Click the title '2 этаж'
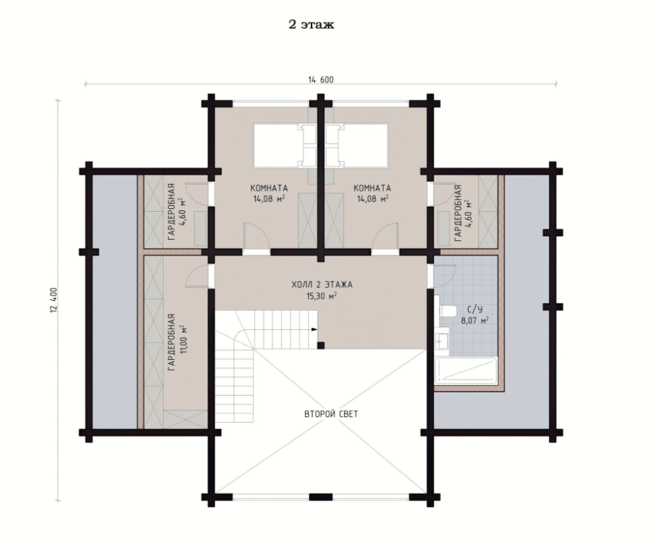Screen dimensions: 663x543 (x=311, y=25)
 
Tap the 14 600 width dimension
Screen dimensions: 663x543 (x=321, y=80)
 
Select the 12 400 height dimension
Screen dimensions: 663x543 (x=53, y=301)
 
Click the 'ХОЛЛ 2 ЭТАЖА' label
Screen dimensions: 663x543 (x=322, y=285)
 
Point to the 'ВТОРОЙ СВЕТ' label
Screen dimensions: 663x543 (x=331, y=414)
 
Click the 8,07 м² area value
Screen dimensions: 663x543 (x=475, y=321)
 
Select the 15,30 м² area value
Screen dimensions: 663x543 (x=322, y=296)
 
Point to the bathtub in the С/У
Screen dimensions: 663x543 (x=465, y=371)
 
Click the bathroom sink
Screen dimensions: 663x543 (x=442, y=341)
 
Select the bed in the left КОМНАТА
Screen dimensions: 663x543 (x=278, y=145)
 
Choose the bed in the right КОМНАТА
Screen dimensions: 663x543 (x=363, y=145)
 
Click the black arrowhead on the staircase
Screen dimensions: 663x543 (x=314, y=329)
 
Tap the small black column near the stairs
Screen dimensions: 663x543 (x=321, y=345)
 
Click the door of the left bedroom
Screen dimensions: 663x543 (x=256, y=238)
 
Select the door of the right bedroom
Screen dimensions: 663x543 (x=386, y=238)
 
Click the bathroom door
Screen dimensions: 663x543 (x=444, y=276)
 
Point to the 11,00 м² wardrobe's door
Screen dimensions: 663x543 (x=198, y=276)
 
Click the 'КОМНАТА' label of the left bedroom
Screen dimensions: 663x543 (x=269, y=188)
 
